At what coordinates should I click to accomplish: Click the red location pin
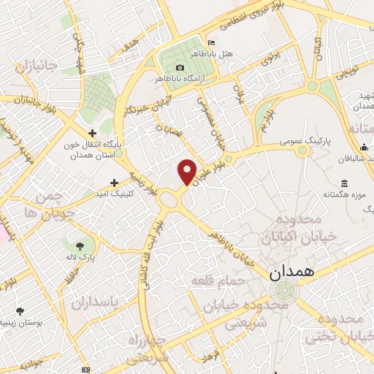coord(187,170)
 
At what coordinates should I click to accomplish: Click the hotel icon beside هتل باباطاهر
coord(212,42)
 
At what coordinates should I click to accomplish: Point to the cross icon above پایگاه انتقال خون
coord(92,133)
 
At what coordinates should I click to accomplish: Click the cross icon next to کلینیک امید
coord(114,183)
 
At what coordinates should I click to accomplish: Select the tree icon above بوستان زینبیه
coord(20,311)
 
